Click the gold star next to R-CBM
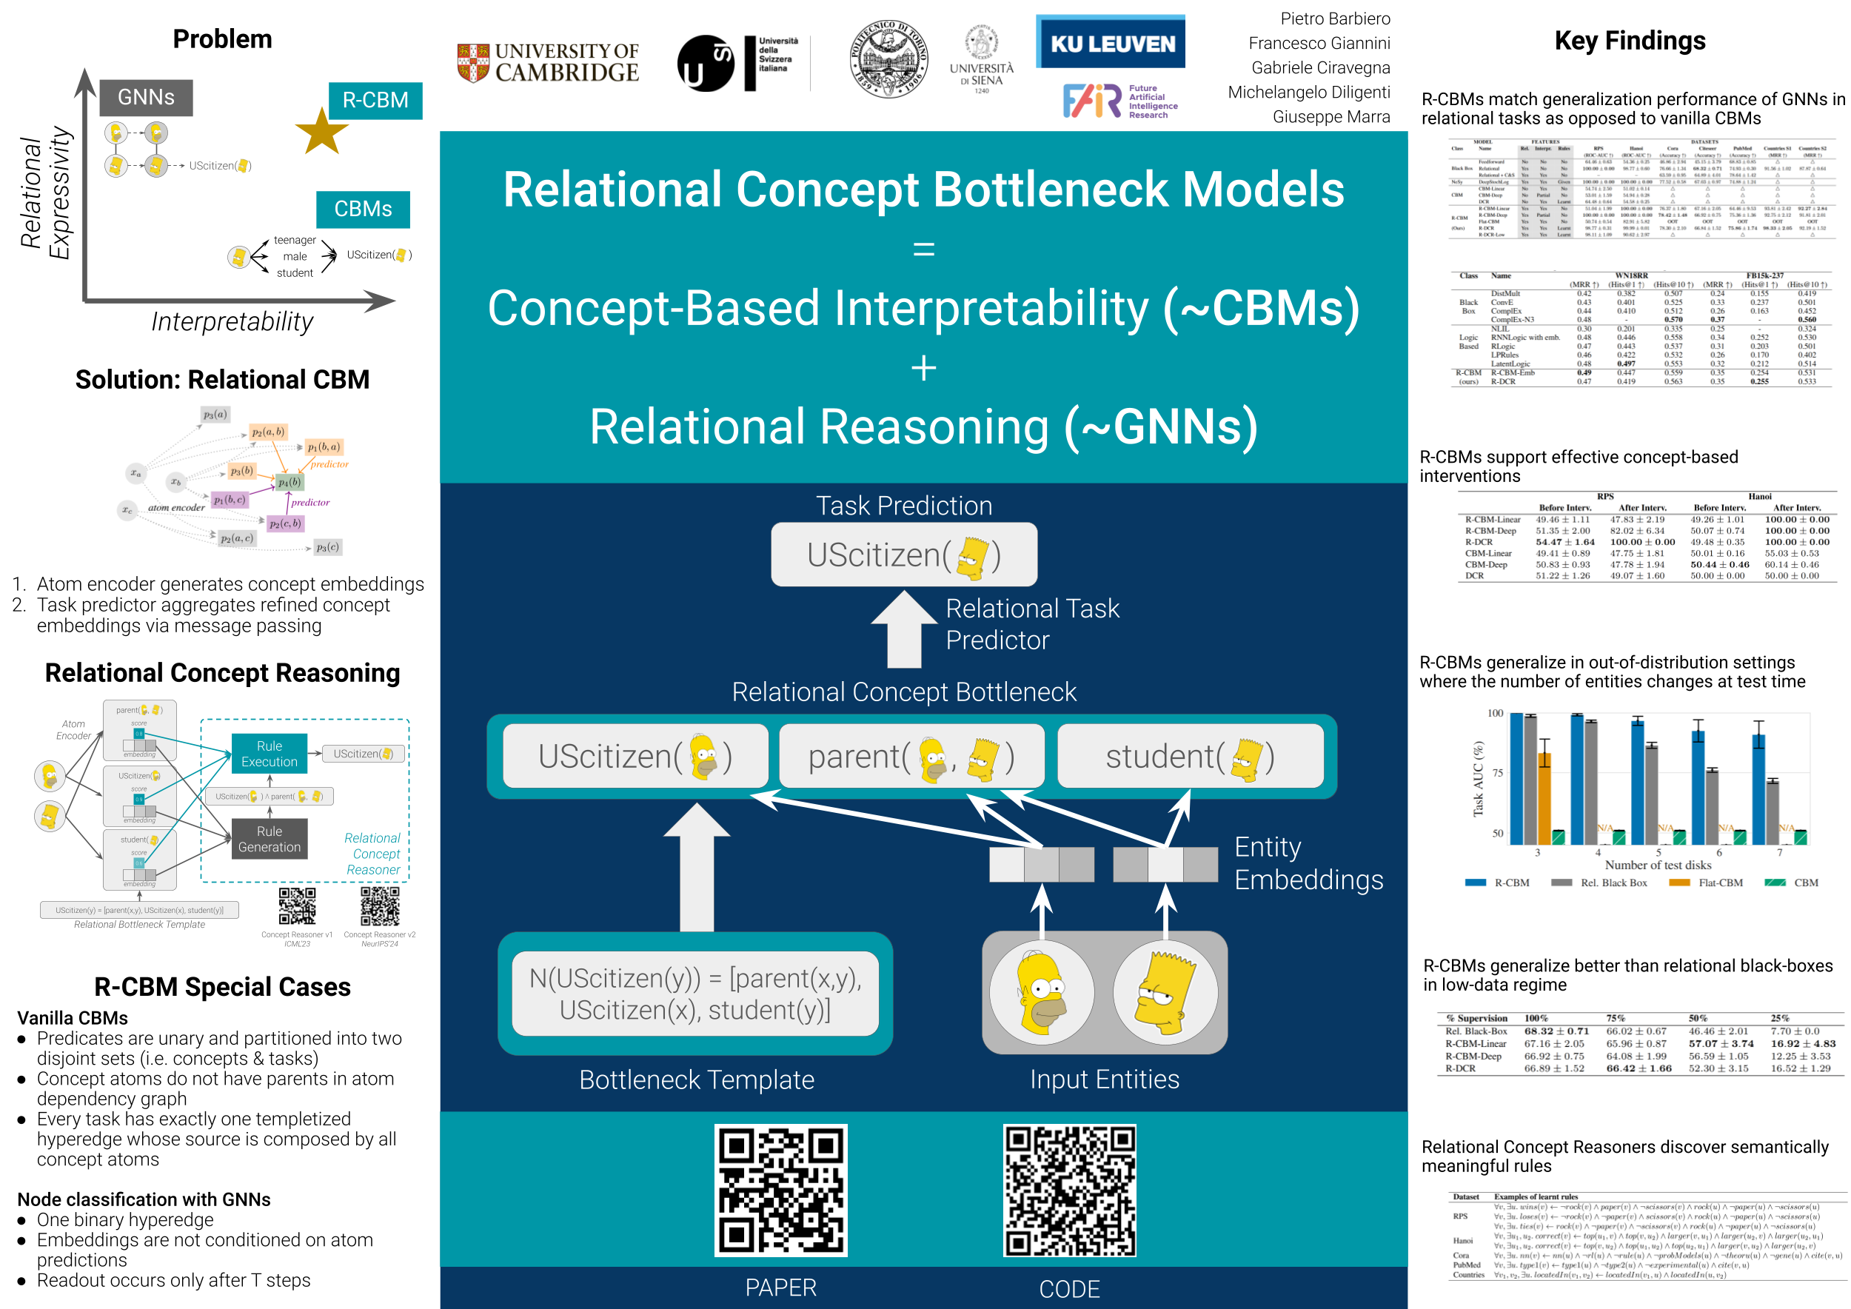coord(321,133)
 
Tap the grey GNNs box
coord(146,98)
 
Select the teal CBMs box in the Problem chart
coord(363,209)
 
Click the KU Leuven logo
coord(1110,44)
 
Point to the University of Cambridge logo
coord(548,62)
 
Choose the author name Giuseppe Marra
coord(1331,117)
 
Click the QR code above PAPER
coord(780,1190)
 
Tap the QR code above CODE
coord(1069,1190)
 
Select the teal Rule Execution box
coord(270,754)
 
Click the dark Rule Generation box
coord(270,839)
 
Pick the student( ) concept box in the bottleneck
coord(1190,756)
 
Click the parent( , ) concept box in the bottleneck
coord(911,756)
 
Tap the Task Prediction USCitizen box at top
coord(904,555)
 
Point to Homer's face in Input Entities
coord(1042,992)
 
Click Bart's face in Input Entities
coord(1165,992)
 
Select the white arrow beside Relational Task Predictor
coord(904,629)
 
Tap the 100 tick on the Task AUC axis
coord(1495,713)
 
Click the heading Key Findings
coord(1630,40)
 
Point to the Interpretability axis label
coord(232,321)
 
